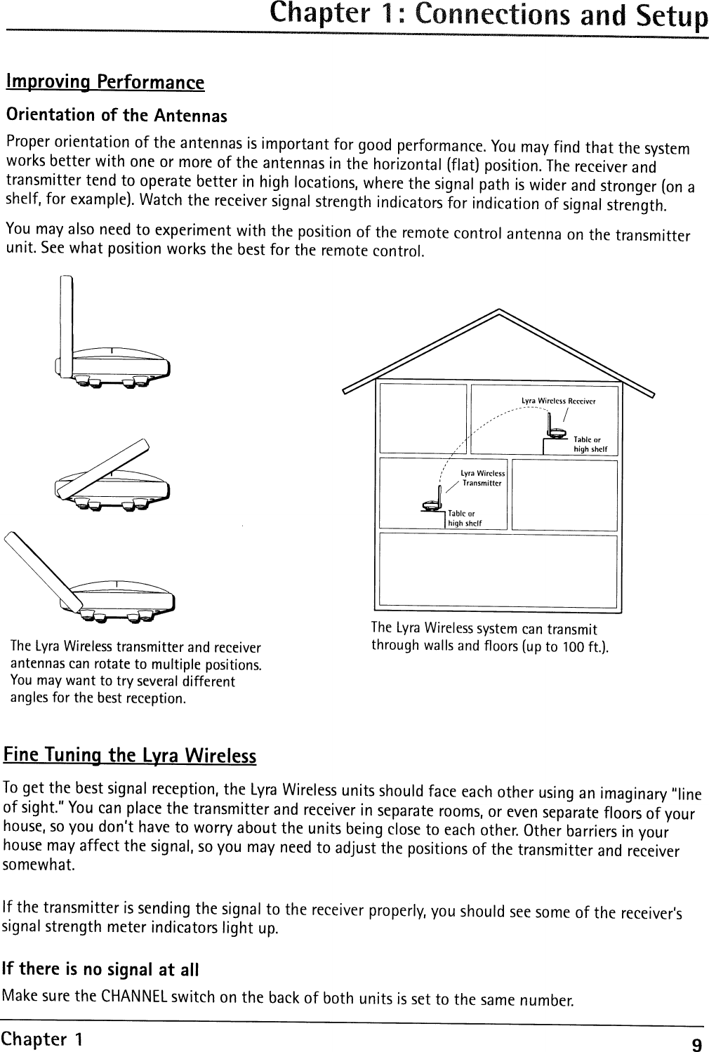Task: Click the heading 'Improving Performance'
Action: pyautogui.click(x=105, y=82)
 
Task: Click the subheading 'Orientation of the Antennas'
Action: pyautogui.click(x=117, y=114)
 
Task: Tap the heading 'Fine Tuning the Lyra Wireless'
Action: pyautogui.click(x=130, y=756)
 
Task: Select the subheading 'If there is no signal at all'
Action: pyautogui.click(x=102, y=970)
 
